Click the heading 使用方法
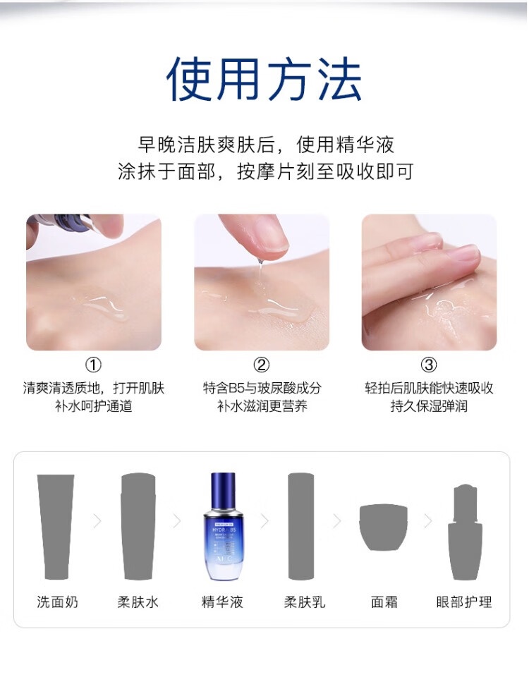(264, 80)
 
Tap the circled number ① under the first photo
(93, 365)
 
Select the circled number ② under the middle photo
(261, 365)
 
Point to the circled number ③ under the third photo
(429, 365)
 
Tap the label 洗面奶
(57, 602)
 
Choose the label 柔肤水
(138, 602)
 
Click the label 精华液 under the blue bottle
(222, 602)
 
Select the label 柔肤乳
(305, 602)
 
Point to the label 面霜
(384, 602)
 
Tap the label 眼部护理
(464, 602)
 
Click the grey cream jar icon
(384, 527)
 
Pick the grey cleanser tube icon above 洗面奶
(56, 527)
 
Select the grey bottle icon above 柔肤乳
(301, 526)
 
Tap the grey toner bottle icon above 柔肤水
(138, 526)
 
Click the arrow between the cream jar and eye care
(428, 521)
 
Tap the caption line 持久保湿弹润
(429, 406)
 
